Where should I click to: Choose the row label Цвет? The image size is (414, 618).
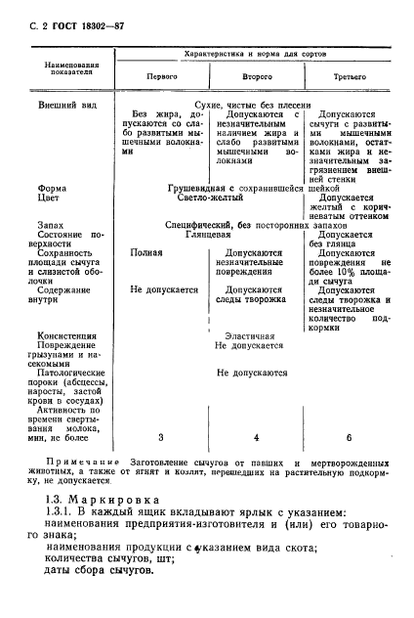[48, 196]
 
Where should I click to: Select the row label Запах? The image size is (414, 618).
[51, 224]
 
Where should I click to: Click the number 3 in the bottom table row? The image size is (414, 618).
[161, 436]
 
